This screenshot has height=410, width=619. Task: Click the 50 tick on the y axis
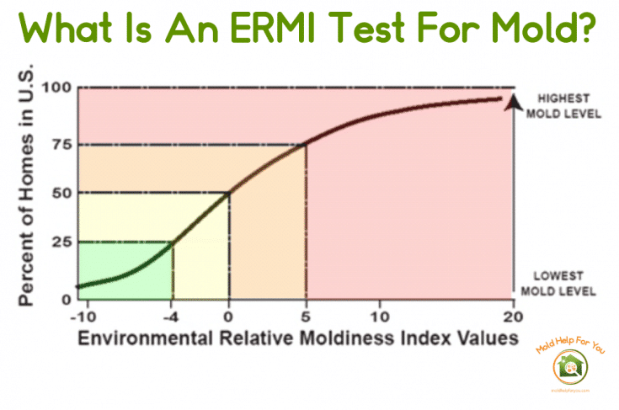coord(60,193)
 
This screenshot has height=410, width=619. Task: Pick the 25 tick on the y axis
coord(60,242)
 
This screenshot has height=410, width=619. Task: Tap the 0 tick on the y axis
coord(65,298)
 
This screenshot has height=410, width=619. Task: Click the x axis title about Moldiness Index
coord(295,338)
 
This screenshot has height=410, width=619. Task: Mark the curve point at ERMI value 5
coord(305,144)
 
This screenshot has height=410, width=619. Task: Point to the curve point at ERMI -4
coord(173,242)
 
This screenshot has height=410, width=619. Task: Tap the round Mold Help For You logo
coord(568,367)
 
